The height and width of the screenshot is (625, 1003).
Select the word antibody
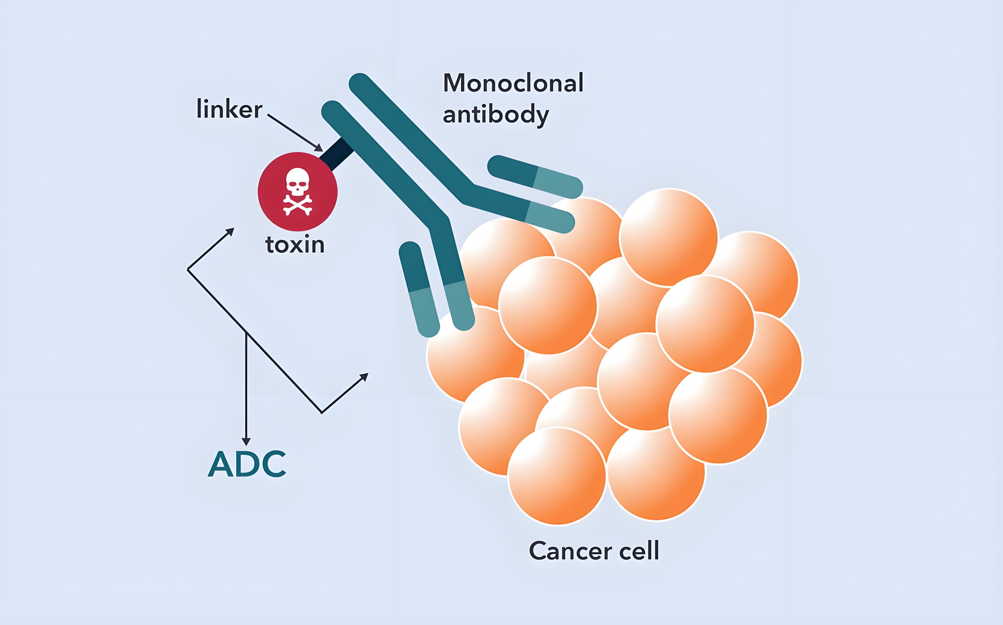(496, 115)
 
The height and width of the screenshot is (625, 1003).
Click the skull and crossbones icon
(297, 191)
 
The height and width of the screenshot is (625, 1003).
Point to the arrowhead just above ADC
(246, 441)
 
